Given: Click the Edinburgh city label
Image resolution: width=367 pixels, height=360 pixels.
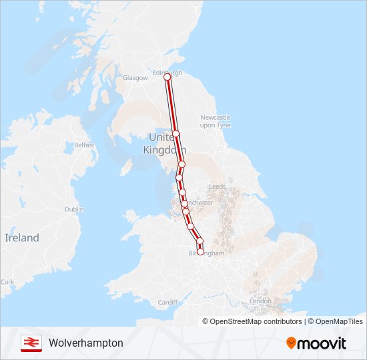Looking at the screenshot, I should [167, 72].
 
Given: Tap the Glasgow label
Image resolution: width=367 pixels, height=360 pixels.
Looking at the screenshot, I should [135, 78].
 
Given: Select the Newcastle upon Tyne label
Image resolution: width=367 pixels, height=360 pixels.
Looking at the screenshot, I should [215, 121].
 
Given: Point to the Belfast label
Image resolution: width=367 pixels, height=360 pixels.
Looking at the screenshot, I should [84, 145].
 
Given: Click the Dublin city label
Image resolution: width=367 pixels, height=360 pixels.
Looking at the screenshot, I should [74, 209].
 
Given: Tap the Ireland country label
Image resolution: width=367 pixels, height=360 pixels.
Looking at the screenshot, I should [22, 237].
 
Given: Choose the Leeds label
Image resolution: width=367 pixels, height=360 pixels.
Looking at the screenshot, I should [218, 187].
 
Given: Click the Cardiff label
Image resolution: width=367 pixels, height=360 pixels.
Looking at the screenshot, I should [167, 302].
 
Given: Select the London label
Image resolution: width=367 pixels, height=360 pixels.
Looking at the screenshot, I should [260, 301].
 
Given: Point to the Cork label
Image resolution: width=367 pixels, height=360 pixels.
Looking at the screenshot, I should [7, 282].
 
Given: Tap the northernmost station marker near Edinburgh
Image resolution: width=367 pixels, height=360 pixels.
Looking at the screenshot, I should [167, 77].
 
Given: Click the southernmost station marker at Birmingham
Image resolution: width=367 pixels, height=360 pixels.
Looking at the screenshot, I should [200, 252].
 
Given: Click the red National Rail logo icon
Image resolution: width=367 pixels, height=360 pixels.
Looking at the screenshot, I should [31, 343].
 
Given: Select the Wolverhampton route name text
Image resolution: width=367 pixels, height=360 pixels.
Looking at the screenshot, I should [85, 343].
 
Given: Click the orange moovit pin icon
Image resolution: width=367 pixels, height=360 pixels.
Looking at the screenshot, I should [292, 343].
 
